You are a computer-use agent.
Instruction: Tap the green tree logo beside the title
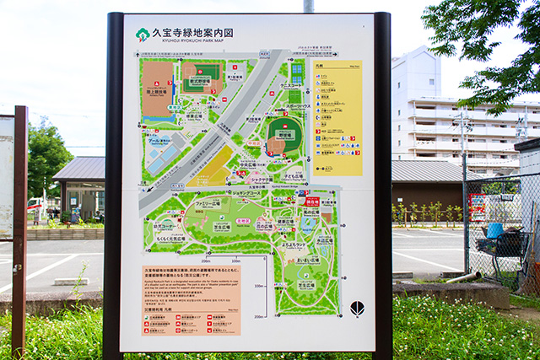[x=143, y=35]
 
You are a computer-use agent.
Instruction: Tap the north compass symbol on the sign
[x=357, y=308]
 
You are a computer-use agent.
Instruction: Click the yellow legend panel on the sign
[x=337, y=118]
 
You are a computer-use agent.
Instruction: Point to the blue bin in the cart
[x=495, y=230]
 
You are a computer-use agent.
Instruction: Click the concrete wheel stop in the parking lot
[x=72, y=282]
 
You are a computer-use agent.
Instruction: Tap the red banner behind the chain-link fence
[x=478, y=207]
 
